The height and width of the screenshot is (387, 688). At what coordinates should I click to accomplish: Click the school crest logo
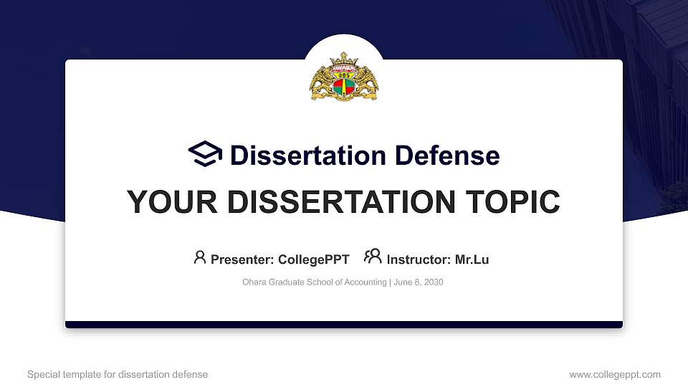point(344,77)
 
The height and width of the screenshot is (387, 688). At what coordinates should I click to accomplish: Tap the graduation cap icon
point(205,153)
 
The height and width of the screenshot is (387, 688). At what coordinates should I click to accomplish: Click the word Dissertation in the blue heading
point(308,156)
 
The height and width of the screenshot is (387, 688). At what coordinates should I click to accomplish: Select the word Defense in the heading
point(447,156)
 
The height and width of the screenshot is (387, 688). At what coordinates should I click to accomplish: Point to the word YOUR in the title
point(172,202)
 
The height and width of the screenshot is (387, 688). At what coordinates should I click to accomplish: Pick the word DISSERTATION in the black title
point(341,202)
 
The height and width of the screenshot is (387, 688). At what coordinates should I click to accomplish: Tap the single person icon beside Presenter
point(200,257)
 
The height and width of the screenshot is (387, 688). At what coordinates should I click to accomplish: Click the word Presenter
point(242,259)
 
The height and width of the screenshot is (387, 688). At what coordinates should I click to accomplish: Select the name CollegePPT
point(314,259)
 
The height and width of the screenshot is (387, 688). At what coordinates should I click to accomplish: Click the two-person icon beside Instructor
point(373,257)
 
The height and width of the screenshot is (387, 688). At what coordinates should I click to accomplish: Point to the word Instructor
point(419,259)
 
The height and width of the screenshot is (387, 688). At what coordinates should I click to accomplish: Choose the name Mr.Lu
point(472,259)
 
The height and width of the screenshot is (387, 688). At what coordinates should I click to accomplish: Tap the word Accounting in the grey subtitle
point(365,282)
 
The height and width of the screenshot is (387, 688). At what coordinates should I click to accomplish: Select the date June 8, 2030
point(418,282)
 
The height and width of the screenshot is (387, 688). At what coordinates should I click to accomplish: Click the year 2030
point(434,282)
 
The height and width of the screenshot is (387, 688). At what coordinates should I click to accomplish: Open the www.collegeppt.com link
point(615,375)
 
